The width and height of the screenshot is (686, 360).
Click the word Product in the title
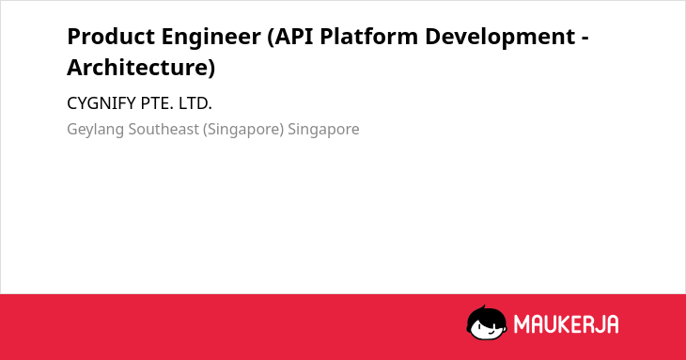pyautogui.click(x=111, y=37)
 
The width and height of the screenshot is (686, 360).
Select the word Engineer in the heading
pyautogui.click(x=210, y=37)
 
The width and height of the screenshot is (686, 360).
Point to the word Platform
pyautogui.click(x=368, y=37)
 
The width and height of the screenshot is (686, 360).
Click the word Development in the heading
pyautogui.click(x=500, y=37)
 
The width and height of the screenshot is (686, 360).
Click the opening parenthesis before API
pyautogui.click(x=271, y=38)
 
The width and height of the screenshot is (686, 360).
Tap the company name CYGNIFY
pyautogui.click(x=101, y=103)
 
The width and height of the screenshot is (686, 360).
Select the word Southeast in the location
pyautogui.click(x=164, y=129)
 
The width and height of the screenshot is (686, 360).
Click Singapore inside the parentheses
pyautogui.click(x=243, y=130)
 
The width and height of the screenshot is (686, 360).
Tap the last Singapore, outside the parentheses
pyautogui.click(x=323, y=130)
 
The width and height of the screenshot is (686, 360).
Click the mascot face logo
pyautogui.click(x=487, y=323)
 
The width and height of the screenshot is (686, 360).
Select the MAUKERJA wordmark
pyautogui.click(x=566, y=324)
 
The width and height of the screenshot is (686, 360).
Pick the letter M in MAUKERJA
pyautogui.click(x=522, y=324)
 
